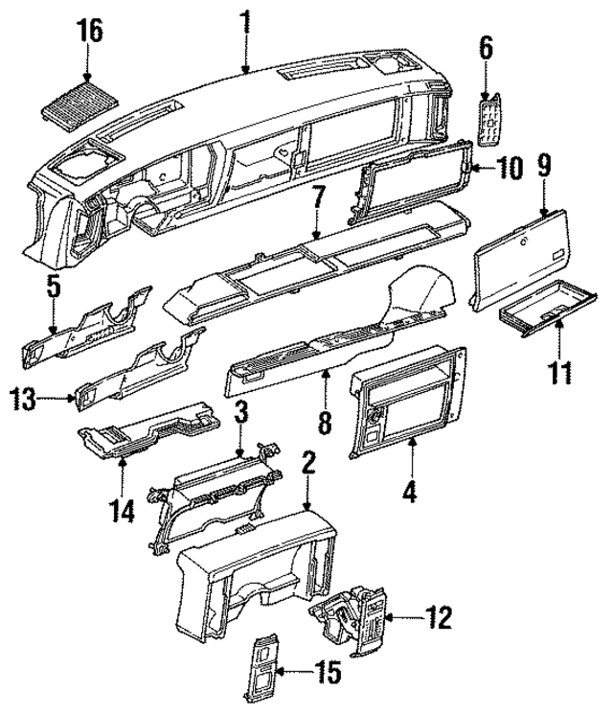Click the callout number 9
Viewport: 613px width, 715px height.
pyautogui.click(x=544, y=165)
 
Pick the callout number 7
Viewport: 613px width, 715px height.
pyautogui.click(x=317, y=199)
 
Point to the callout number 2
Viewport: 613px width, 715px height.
pyautogui.click(x=307, y=465)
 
